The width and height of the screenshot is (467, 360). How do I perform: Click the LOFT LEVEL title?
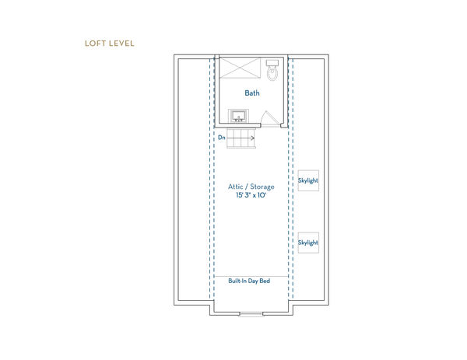(110, 43)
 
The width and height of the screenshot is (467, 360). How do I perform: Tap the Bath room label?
(252, 93)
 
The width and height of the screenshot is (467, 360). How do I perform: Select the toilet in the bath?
(272, 72)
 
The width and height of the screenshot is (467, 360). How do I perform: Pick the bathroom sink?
(238, 117)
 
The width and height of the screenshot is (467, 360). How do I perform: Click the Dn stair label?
(222, 137)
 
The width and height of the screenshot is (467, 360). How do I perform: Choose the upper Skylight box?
(308, 181)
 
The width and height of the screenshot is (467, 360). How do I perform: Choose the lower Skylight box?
(308, 243)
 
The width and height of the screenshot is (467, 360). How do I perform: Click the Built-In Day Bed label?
(249, 281)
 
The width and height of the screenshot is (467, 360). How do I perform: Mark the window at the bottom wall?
(251, 313)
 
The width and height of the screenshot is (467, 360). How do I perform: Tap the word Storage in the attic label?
(262, 187)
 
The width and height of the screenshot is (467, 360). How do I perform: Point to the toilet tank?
(272, 62)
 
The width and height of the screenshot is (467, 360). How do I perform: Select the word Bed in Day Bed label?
(265, 281)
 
